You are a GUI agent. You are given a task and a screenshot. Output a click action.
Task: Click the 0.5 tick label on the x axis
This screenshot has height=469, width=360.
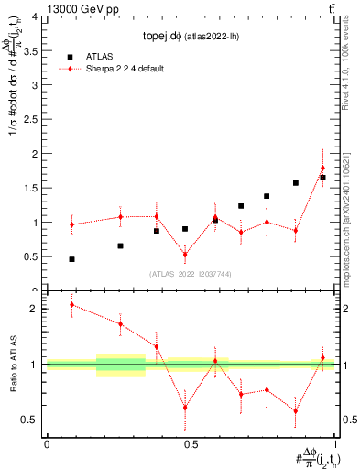[x=191, y=444]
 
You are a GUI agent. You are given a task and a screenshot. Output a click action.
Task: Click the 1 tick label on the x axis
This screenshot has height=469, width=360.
[x=335, y=444]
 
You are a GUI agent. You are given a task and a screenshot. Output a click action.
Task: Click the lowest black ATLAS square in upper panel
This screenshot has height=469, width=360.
[x=71, y=259]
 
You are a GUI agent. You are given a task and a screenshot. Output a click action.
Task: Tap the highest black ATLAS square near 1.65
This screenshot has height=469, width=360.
[x=322, y=178]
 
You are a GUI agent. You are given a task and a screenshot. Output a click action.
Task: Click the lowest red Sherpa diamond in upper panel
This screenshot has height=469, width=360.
[x=185, y=255]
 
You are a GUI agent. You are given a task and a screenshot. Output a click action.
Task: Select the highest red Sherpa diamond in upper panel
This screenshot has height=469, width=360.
[x=322, y=169]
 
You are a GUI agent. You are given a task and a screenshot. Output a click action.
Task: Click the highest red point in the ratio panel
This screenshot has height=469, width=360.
[x=71, y=304]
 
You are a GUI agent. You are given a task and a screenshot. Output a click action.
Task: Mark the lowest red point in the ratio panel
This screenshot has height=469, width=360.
[x=296, y=410]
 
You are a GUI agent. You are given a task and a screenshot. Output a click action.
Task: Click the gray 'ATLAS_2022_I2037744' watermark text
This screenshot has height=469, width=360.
[x=191, y=274]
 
